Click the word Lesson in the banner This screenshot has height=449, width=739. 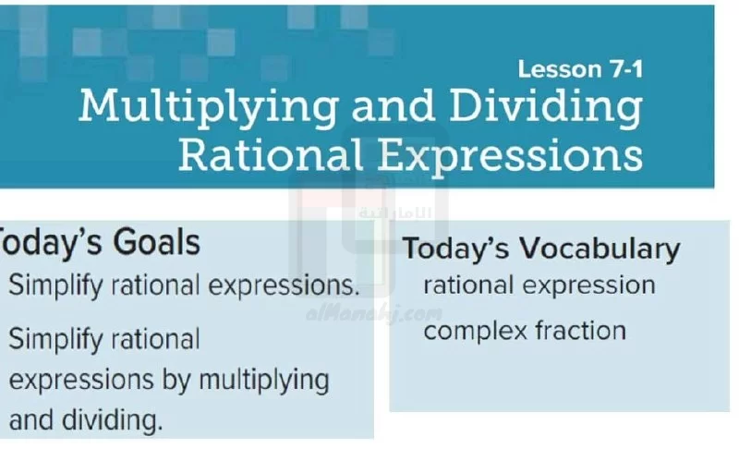560,69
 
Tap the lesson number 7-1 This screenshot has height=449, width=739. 627,69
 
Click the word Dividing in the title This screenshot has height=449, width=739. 546,108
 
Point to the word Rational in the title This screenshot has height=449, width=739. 271,154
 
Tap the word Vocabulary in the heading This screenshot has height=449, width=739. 600,249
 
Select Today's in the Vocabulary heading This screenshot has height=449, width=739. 456,248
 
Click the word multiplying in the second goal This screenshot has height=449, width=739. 264,381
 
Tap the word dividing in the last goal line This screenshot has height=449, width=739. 113,420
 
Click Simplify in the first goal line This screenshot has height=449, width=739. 55,285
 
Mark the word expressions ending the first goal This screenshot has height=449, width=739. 285,286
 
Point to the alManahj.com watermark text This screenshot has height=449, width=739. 374,314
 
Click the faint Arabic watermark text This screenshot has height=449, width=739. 395,213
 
